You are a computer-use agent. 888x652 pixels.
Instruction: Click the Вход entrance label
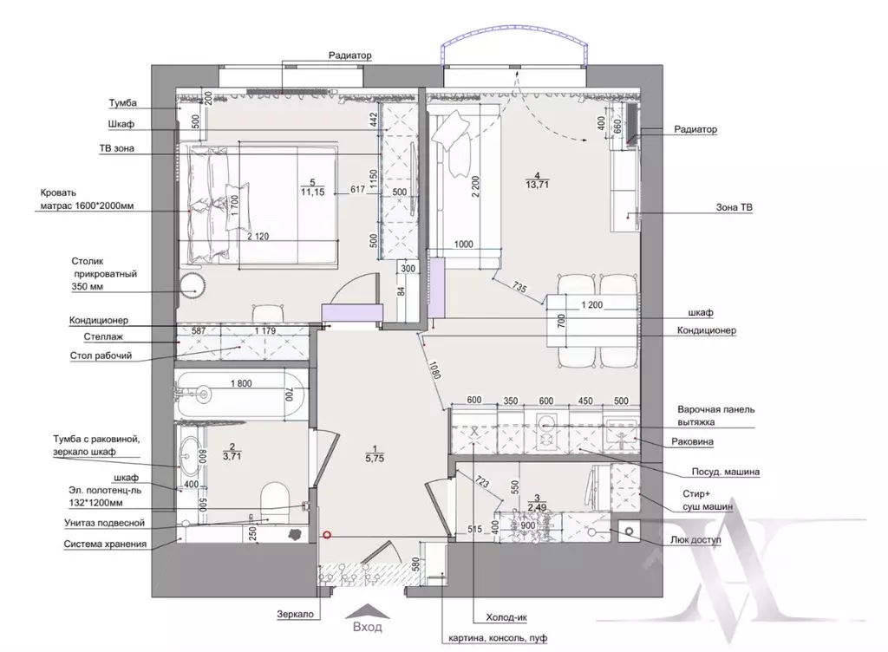click(x=368, y=627)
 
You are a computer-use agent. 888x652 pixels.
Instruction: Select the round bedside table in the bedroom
click(x=192, y=285)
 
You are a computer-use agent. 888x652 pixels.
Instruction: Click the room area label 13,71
click(x=537, y=184)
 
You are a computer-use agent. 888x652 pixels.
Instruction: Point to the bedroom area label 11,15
click(x=312, y=192)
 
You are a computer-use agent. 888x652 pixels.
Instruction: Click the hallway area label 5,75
click(x=375, y=459)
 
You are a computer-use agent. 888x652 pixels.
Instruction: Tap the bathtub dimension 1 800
click(x=241, y=383)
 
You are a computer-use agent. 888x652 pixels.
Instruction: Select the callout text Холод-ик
click(x=506, y=617)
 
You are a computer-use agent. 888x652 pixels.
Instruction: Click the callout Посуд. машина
click(x=725, y=472)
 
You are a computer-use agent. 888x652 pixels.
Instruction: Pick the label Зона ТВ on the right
click(x=734, y=208)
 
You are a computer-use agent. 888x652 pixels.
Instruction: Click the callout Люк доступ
click(x=695, y=540)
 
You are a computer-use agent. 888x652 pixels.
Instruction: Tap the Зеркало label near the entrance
click(x=295, y=614)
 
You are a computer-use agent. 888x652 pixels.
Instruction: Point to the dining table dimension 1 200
click(x=591, y=305)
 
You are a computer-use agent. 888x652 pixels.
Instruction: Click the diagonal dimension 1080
click(x=435, y=369)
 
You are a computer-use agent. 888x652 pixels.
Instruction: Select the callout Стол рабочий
click(x=101, y=355)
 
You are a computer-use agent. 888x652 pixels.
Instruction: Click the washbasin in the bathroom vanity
click(x=187, y=454)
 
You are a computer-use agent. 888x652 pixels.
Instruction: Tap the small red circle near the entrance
click(x=326, y=535)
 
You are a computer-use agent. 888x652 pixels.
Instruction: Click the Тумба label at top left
click(x=123, y=103)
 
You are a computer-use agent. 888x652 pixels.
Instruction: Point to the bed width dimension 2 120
click(x=258, y=237)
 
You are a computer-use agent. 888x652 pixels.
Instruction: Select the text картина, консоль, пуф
click(x=498, y=638)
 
